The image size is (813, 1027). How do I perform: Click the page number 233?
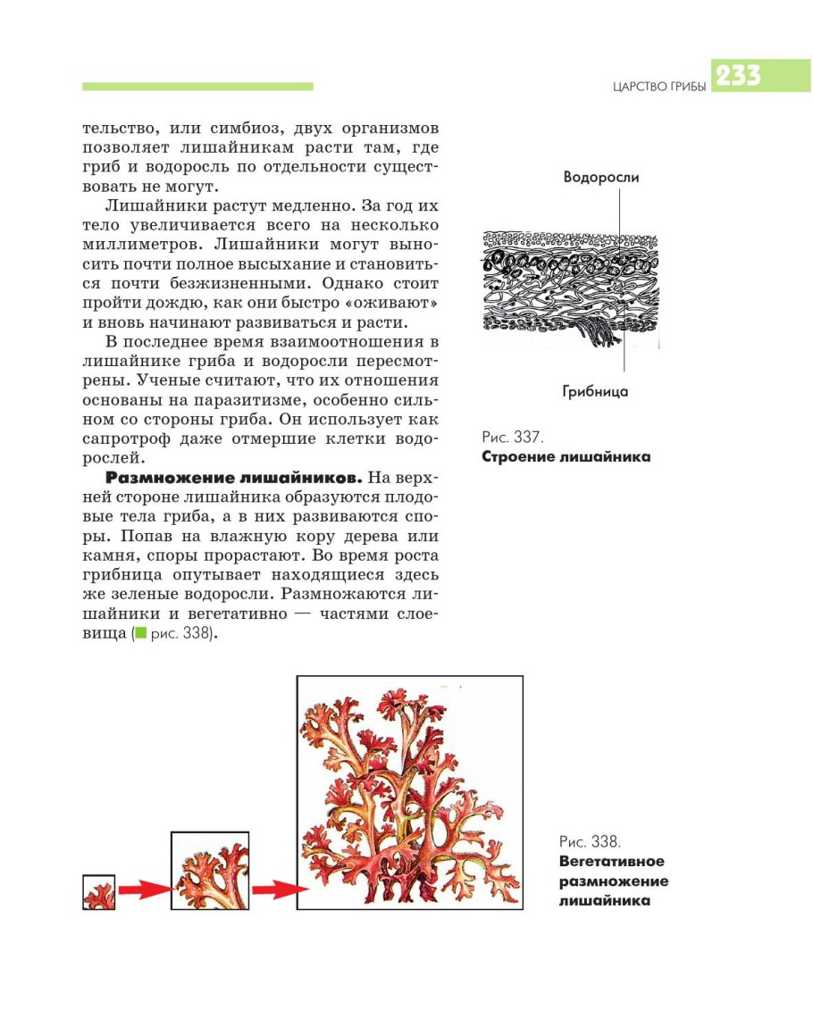[737, 77]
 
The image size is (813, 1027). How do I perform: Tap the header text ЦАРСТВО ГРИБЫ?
[659, 87]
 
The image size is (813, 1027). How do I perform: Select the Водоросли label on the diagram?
[600, 177]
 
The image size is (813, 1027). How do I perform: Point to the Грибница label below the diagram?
[595, 391]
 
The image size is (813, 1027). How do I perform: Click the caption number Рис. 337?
[512, 438]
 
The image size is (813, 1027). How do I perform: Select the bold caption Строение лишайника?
[566, 457]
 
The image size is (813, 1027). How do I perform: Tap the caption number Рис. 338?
[590, 842]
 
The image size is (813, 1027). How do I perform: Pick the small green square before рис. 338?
[139, 633]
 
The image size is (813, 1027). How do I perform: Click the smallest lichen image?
[99, 892]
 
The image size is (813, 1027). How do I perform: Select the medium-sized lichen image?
[210, 871]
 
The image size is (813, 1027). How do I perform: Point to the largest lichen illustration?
[409, 792]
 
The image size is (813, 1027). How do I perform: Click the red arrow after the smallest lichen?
[144, 889]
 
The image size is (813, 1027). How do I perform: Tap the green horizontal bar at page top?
[197, 87]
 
